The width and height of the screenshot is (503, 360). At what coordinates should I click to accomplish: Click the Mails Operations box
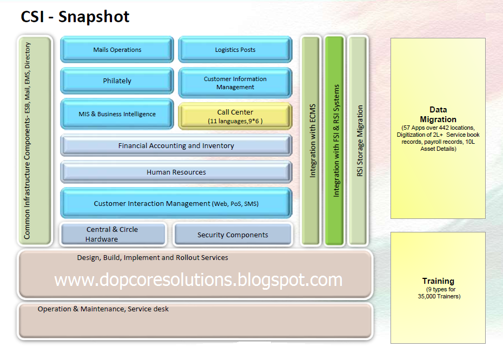click(117, 50)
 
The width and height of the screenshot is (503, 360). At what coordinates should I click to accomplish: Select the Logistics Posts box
click(235, 50)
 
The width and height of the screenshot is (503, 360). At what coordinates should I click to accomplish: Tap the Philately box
click(117, 81)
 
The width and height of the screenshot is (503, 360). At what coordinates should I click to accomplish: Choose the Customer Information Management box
click(235, 83)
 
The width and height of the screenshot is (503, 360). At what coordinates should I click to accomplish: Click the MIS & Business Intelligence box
click(117, 114)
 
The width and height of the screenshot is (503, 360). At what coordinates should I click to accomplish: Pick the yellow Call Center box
click(235, 116)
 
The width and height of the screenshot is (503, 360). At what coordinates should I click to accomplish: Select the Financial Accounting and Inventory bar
click(176, 145)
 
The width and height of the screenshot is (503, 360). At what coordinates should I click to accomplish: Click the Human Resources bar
click(176, 172)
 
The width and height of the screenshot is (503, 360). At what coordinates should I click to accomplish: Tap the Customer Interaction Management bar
click(176, 204)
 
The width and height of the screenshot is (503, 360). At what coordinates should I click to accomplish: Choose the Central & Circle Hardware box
click(112, 234)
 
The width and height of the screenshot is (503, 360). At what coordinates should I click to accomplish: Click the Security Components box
click(233, 235)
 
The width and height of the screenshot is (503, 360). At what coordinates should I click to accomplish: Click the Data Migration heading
click(438, 115)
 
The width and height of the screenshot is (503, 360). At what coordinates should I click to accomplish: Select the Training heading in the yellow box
click(438, 281)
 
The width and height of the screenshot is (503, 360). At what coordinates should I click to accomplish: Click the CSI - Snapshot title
click(75, 17)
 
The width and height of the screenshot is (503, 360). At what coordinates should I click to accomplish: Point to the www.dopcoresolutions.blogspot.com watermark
click(198, 279)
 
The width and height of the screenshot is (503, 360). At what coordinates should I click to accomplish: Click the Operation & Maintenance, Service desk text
click(103, 309)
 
